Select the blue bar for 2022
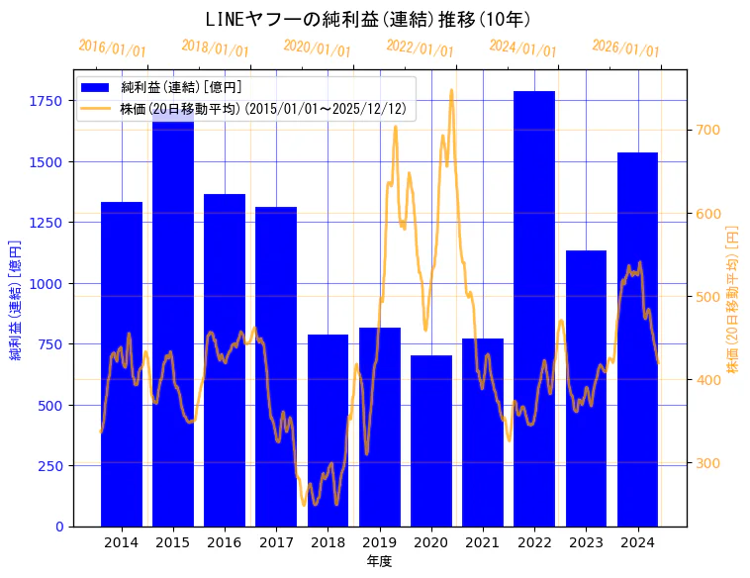click(534, 307)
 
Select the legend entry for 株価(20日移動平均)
click(261, 109)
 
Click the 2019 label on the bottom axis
click(379, 542)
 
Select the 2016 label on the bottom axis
click(225, 542)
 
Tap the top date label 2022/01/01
click(420, 48)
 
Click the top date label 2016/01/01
click(112, 48)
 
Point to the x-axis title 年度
click(379, 561)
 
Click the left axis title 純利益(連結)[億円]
click(16, 299)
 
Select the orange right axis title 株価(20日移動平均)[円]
click(733, 299)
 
